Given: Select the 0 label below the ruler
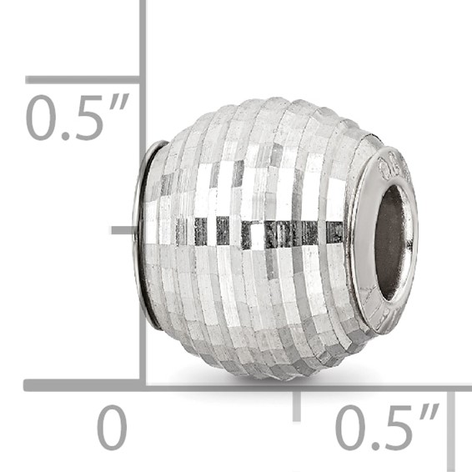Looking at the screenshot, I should pyautogui.click(x=112, y=429).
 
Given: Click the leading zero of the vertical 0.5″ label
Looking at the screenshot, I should pyautogui.click(x=41, y=118).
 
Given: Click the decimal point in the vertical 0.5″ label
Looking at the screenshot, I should pyautogui.click(x=63, y=135).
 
